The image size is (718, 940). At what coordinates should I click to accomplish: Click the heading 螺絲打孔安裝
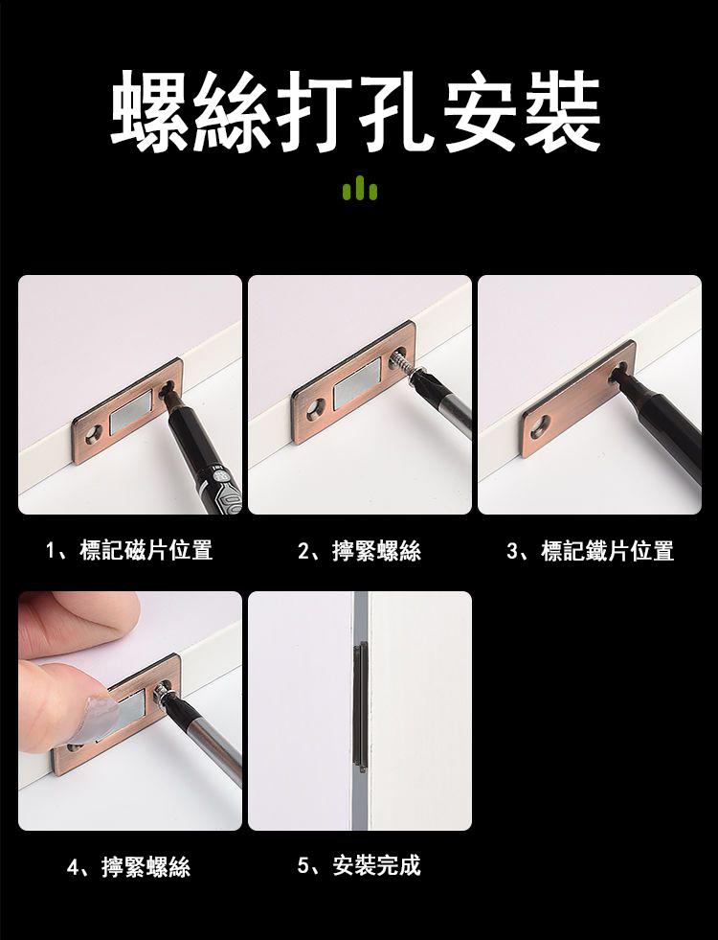coord(356,111)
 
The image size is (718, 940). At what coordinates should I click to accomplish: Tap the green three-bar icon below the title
coord(359,188)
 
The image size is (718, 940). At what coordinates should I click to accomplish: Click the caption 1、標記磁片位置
coord(129,550)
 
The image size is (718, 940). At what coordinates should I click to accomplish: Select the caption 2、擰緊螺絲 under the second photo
coord(360,550)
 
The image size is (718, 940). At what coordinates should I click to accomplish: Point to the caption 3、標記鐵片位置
coord(591,550)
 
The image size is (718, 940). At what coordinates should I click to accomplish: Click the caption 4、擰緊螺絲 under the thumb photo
coord(129,867)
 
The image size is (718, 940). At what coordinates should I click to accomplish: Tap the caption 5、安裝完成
coord(360,865)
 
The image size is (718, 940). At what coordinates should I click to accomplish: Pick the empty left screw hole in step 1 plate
coord(94,435)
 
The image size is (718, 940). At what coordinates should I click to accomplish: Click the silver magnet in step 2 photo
coord(357,384)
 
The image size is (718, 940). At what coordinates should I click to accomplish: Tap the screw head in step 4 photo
coord(162,694)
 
